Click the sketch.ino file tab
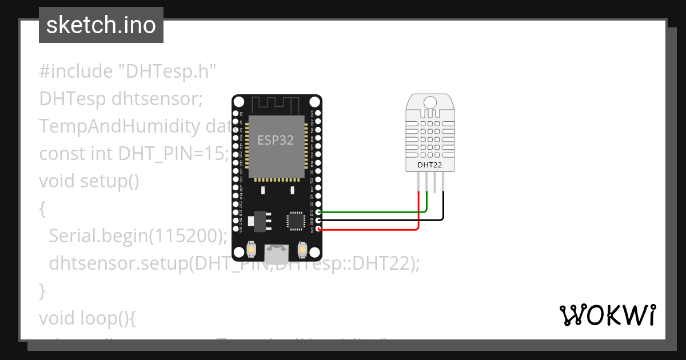pyautogui.click(x=101, y=25)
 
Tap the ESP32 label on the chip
pyautogui.click(x=276, y=140)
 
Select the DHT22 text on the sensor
pyautogui.click(x=429, y=165)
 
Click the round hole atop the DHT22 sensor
pyautogui.click(x=429, y=102)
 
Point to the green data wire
pyautogui.click(x=372, y=212)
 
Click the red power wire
pyautogui.click(x=372, y=229)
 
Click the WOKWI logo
pyautogui.click(x=607, y=315)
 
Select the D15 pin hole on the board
pyautogui.click(x=318, y=213)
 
